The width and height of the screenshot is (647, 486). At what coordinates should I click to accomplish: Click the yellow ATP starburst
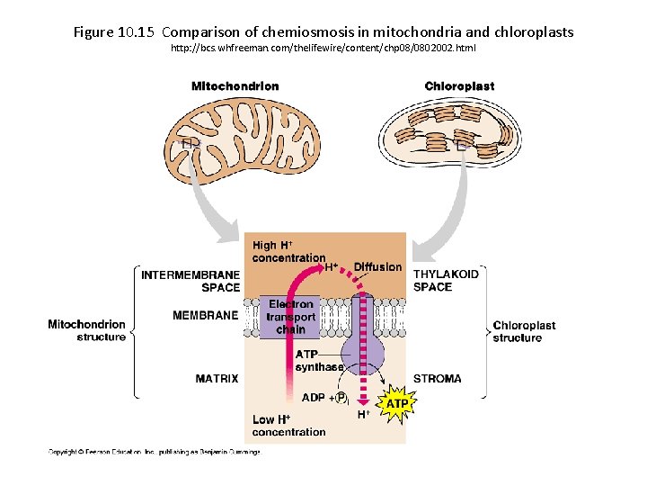tap(396, 404)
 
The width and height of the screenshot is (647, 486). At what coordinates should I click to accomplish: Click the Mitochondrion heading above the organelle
tap(235, 86)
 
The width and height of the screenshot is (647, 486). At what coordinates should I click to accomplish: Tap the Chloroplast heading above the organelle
tap(459, 86)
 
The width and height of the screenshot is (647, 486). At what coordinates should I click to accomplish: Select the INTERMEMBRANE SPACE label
tap(191, 281)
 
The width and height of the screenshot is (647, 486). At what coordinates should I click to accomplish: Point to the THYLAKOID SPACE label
tap(446, 280)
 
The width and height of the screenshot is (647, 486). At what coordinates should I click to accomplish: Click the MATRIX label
tap(217, 379)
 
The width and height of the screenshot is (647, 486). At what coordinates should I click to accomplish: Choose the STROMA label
tap(438, 379)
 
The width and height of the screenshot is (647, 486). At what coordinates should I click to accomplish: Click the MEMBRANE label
tap(206, 316)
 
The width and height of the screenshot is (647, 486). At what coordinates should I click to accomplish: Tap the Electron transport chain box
tap(290, 317)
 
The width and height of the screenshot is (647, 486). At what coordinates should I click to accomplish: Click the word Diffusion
tap(377, 267)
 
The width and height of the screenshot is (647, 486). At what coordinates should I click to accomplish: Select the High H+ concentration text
tap(288, 251)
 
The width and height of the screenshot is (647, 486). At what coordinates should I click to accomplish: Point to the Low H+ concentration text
tap(288, 426)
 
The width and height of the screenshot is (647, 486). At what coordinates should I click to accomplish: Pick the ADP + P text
tap(324, 399)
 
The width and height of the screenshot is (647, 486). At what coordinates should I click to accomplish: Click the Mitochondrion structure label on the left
tap(87, 330)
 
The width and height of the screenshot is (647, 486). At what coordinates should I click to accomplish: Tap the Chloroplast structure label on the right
tap(524, 331)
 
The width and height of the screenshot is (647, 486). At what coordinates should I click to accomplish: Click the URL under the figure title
tap(323, 47)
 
